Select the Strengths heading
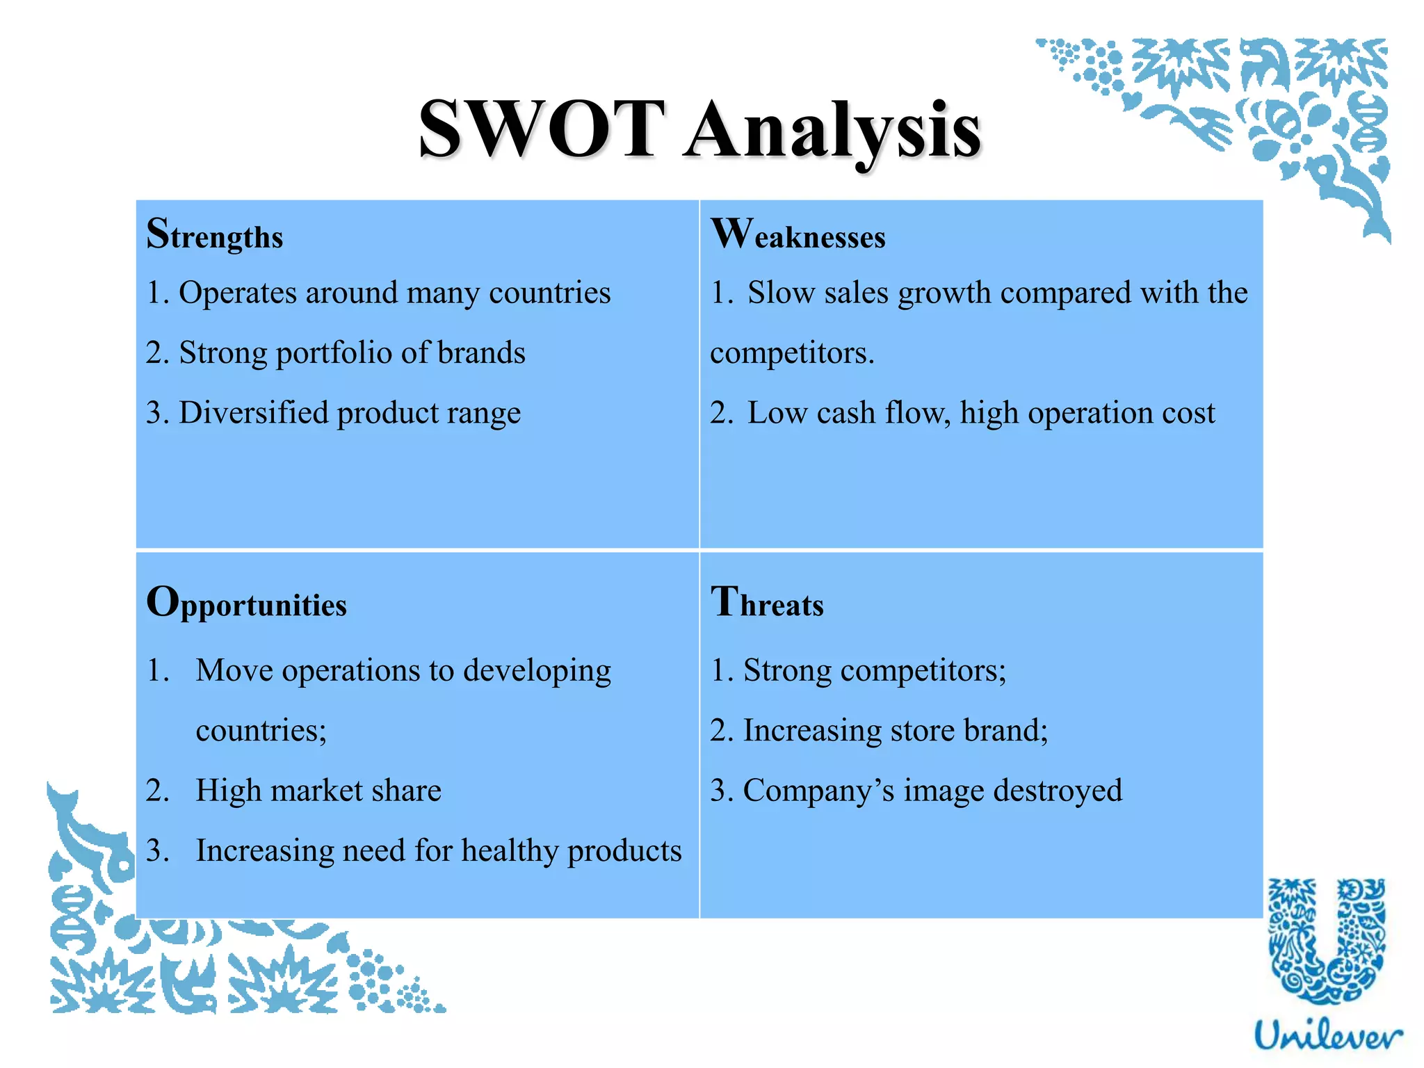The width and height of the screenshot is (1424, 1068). [x=214, y=234]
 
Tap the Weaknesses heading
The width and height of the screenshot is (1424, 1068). [x=798, y=234]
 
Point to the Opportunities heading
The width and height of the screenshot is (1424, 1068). [x=246, y=603]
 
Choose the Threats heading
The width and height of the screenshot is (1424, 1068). [x=767, y=603]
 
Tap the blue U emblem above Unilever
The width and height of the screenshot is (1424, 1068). [x=1327, y=942]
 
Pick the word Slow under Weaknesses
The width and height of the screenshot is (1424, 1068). [x=781, y=293]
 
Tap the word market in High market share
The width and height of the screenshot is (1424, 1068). [x=317, y=791]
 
